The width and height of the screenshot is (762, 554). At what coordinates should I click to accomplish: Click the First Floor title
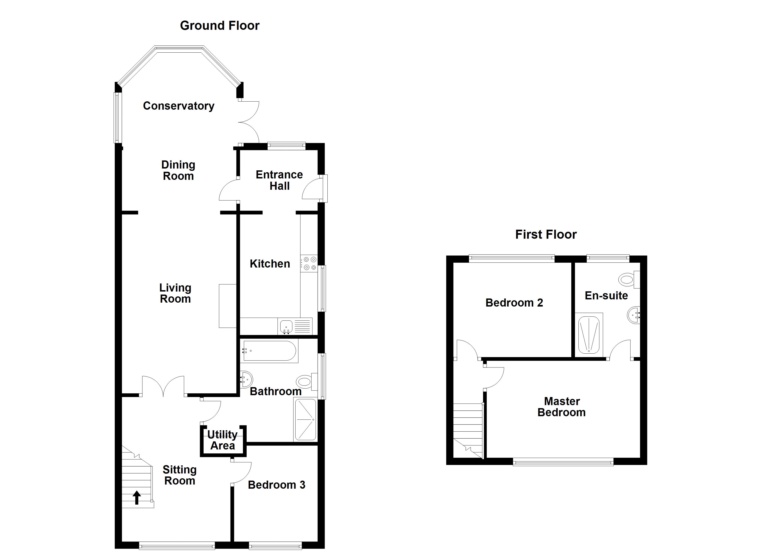point(546,235)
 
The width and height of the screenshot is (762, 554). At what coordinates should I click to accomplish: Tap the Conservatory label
point(178,106)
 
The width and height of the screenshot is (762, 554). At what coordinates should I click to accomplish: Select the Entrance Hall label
point(279,180)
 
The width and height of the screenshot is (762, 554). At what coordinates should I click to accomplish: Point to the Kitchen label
point(270,264)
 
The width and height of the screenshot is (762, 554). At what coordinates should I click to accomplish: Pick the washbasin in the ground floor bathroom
point(246,379)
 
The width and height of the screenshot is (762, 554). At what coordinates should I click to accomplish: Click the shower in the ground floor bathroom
point(305,420)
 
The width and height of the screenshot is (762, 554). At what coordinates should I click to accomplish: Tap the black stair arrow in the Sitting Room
point(137,497)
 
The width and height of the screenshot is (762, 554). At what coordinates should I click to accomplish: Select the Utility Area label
point(222,440)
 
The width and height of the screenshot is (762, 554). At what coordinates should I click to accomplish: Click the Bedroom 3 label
point(276,485)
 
